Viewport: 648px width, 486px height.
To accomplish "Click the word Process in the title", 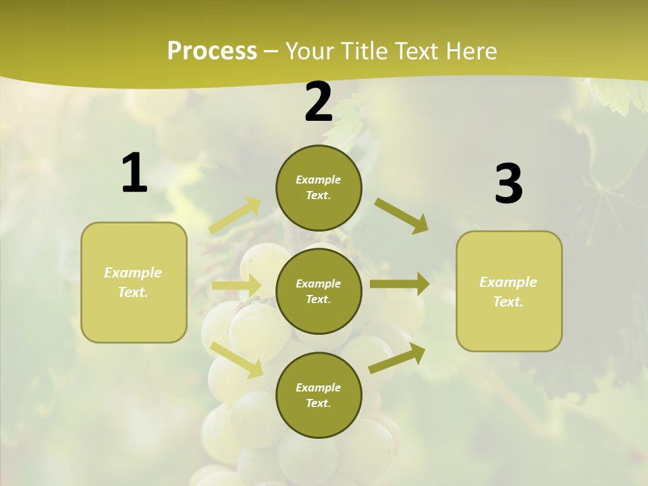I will (212, 51).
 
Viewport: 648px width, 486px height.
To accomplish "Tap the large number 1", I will (134, 173).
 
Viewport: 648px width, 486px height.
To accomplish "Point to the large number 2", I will (319, 102).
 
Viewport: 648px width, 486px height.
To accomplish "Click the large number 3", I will (508, 184).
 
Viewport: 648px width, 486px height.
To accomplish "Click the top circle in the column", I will (319, 188).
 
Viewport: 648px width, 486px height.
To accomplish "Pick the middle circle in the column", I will (319, 291).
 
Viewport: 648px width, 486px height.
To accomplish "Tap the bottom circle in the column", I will (319, 395).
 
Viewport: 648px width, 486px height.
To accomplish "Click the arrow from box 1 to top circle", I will (235, 215).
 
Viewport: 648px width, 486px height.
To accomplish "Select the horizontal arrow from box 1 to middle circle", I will (236, 286).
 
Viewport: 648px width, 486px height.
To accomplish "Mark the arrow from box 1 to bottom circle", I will (237, 359).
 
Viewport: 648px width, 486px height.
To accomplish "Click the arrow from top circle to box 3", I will (402, 215).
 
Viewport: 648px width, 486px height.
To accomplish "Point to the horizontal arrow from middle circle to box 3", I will (400, 284).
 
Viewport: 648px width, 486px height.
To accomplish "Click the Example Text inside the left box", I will (133, 282).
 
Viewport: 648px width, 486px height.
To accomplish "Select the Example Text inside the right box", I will (508, 292).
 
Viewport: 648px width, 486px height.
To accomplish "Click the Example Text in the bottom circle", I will (318, 395).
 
